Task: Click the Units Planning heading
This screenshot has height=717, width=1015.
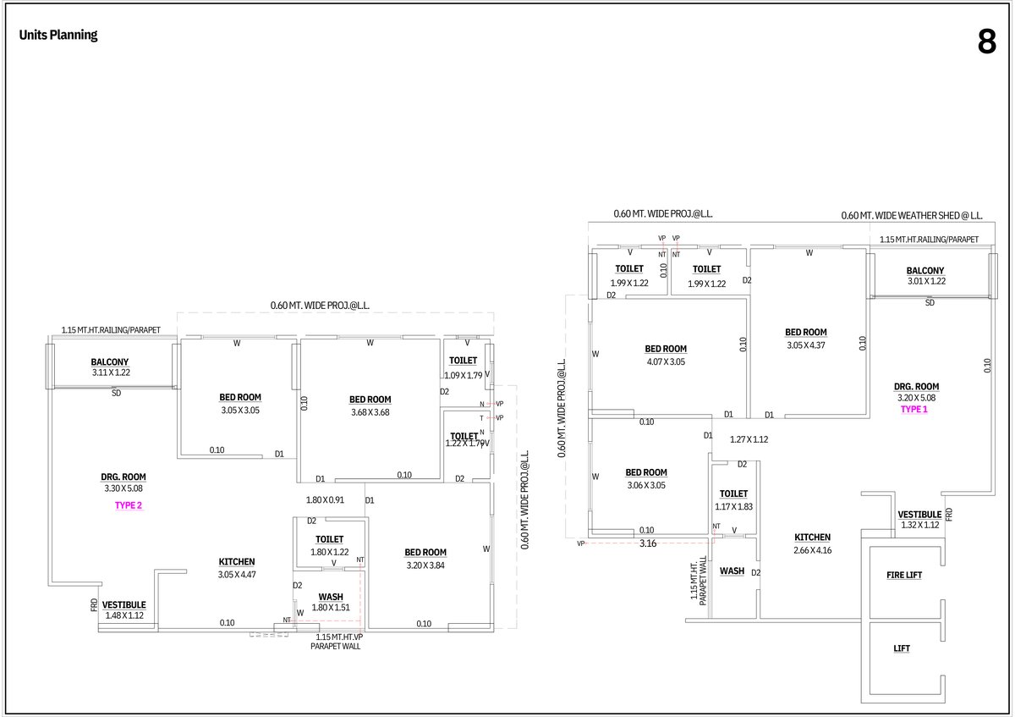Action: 58,36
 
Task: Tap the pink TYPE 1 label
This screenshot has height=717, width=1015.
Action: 913,409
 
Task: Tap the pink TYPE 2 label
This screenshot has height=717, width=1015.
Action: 129,505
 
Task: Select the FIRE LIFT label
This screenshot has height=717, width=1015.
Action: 903,575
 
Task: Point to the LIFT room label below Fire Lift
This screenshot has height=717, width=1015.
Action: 902,648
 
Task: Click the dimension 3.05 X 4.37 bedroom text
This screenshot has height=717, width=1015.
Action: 805,345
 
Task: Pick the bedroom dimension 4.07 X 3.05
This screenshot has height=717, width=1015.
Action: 666,361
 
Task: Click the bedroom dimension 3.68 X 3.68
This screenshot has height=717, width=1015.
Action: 370,412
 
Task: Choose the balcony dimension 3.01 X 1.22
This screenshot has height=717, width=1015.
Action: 925,281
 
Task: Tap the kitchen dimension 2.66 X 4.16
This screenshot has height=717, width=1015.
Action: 812,550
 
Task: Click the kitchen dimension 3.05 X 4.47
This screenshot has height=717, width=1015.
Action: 237,575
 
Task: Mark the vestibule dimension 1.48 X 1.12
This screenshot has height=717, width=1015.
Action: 123,615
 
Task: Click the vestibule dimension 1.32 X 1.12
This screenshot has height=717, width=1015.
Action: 919,525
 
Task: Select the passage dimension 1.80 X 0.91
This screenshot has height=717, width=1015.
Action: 325,499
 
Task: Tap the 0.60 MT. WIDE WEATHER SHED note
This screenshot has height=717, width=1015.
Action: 911,216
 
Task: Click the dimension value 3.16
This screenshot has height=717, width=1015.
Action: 648,543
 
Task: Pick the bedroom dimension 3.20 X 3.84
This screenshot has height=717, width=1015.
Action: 425,565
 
